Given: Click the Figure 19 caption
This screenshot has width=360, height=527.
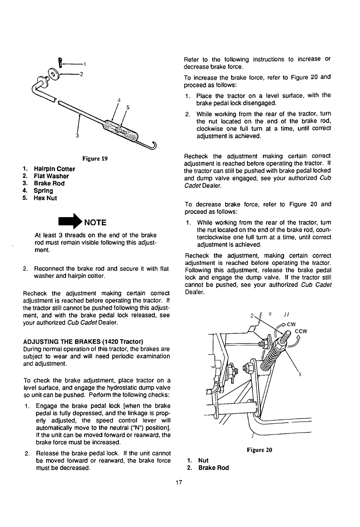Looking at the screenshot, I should [x=95, y=159].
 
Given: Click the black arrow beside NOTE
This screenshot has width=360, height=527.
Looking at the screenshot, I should [x=70, y=222].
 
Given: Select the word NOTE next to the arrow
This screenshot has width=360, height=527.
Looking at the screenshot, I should [x=95, y=222].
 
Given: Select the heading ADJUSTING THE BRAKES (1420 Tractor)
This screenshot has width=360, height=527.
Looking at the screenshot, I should [x=83, y=342].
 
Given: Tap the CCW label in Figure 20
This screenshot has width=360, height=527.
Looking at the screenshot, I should [x=301, y=331].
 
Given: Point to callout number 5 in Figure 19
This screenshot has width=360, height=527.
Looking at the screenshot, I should [x=128, y=107].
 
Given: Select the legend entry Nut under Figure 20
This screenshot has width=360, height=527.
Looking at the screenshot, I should [x=203, y=460].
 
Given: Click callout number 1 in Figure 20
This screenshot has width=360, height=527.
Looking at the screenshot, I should [x=300, y=374].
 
